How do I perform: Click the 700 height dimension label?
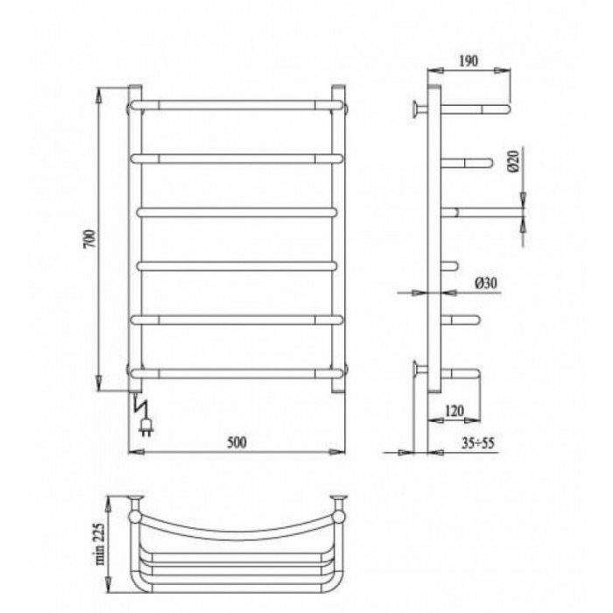(x=89, y=239)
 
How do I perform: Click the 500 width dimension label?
(x=237, y=442)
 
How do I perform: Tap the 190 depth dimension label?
(x=468, y=61)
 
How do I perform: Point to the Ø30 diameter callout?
(x=486, y=283)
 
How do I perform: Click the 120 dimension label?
(x=454, y=411)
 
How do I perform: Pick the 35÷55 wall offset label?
(x=478, y=443)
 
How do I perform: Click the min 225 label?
(x=100, y=544)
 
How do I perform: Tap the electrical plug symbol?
(x=147, y=427)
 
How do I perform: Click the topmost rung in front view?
(x=237, y=105)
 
